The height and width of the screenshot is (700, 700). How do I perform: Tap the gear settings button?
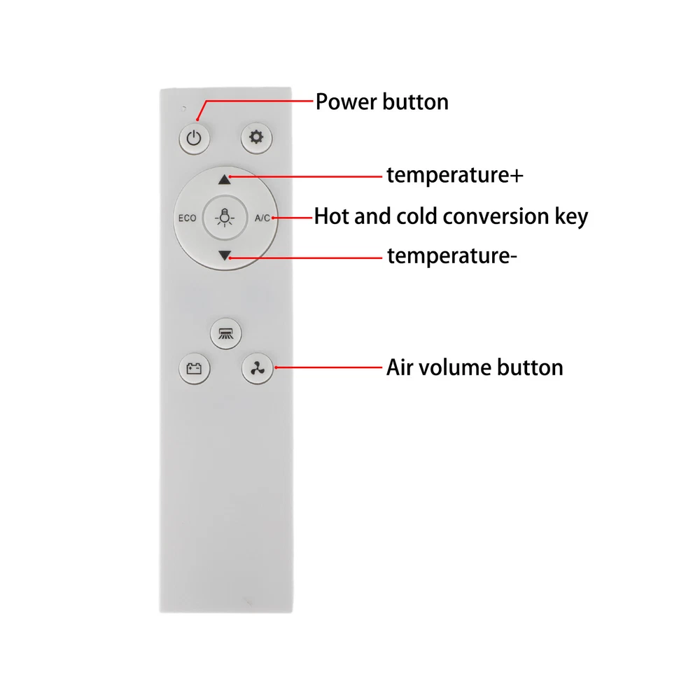coord(256,137)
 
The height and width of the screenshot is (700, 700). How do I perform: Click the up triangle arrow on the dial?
coord(225,179)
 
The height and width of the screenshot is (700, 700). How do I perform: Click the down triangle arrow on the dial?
coord(225,255)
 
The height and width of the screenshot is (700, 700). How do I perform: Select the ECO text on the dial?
coord(187,218)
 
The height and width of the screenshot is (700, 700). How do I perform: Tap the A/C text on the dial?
coord(262,218)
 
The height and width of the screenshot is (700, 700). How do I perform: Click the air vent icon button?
coord(226,333)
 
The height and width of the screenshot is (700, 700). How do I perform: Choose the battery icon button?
coord(194,368)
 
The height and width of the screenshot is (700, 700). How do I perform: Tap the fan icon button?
coord(257,368)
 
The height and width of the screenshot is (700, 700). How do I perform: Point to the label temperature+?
coord(455,174)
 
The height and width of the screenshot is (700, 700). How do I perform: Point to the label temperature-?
coord(451,255)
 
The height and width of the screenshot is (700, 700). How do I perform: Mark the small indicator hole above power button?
coord(183,108)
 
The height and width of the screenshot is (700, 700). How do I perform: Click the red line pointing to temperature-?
coord(306,258)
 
